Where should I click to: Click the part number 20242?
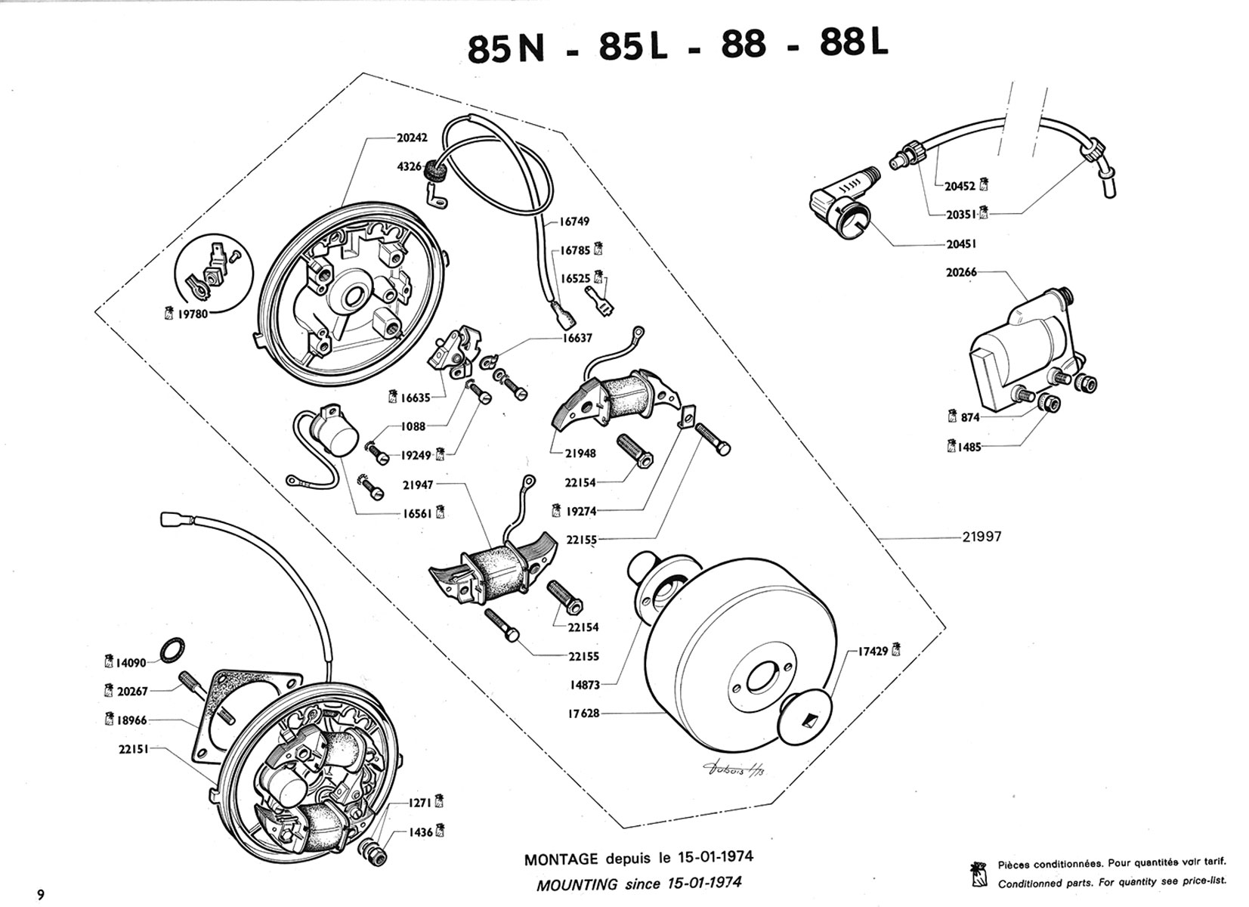[412, 138]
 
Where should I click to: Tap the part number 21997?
[982, 537]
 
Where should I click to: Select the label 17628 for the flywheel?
[583, 713]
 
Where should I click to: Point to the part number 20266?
[961, 272]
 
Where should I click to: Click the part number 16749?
[574, 222]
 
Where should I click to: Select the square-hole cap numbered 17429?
[806, 712]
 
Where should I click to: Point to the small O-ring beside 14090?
[172, 649]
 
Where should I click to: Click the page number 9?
[40, 895]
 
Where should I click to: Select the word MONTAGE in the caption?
[561, 859]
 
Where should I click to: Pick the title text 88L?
[854, 45]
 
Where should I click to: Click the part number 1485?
[969, 447]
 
